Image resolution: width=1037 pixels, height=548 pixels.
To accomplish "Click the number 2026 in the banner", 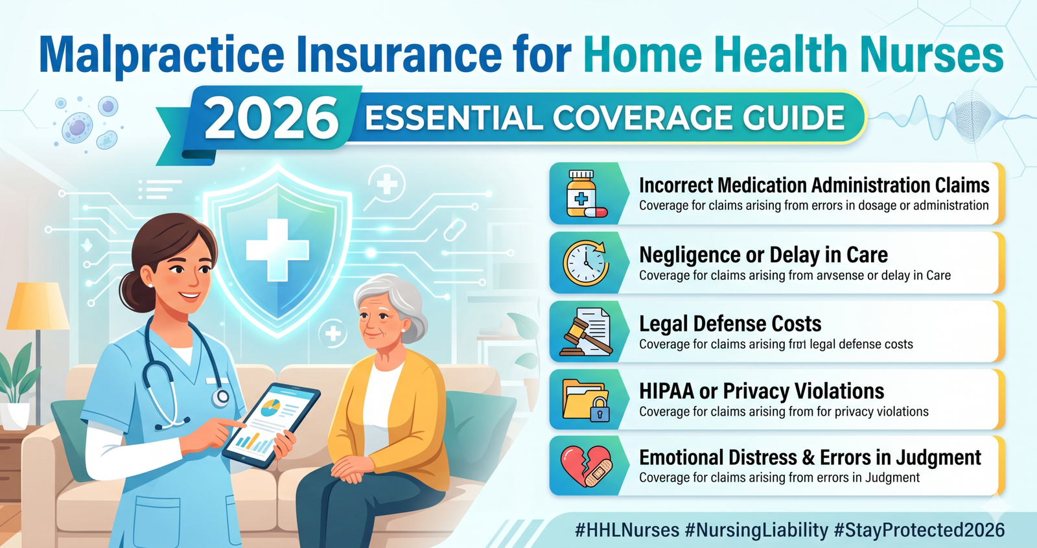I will click(272, 118).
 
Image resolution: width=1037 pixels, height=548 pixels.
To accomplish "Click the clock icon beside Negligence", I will click(585, 263).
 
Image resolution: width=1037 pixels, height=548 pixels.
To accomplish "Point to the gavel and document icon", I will click(586, 331).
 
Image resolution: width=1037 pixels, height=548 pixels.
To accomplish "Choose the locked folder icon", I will click(586, 399).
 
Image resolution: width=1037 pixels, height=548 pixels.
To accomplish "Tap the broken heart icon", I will click(586, 466).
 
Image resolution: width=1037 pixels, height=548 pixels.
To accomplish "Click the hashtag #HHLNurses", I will click(627, 530).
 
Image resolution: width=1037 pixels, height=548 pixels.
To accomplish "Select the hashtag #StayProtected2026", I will click(919, 530).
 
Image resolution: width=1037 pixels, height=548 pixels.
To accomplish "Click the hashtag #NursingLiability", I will click(756, 530).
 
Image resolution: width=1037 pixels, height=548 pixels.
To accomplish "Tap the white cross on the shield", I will click(277, 250).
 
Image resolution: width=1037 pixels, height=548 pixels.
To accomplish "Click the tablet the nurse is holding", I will click(272, 424).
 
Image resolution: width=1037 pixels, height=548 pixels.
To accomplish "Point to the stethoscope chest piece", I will click(222, 396).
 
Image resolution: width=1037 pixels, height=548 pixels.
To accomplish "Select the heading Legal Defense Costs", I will click(730, 323).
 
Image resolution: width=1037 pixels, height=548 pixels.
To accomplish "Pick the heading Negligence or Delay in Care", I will click(763, 255).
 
